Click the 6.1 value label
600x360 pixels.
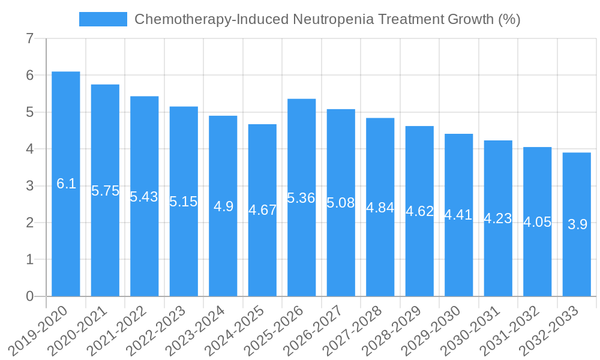[66, 184]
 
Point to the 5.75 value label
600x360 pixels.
[105, 191]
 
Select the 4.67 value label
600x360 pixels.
[262, 210]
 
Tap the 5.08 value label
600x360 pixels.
[341, 203]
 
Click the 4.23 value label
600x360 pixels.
[498, 218]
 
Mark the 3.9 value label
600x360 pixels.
[577, 224]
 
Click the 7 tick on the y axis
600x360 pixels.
[29, 39]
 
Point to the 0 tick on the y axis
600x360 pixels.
[29, 296]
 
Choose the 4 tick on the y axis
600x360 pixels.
[29, 149]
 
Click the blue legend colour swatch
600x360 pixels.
[103, 19]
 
